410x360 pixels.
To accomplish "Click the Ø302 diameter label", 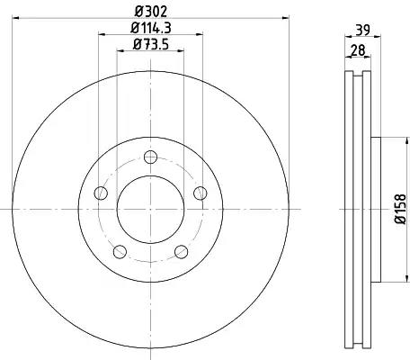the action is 150,12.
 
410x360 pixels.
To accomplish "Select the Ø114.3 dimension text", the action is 151,28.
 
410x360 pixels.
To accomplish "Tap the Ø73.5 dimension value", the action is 151,44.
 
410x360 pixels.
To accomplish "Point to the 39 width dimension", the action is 363,30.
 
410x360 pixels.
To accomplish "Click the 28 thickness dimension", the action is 358,49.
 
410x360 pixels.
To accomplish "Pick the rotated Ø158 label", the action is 400,209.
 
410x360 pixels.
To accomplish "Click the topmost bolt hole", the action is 150,157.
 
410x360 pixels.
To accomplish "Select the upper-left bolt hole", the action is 101,193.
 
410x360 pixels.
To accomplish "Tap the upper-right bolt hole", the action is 200,193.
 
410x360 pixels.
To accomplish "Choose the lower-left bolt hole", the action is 120,251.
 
